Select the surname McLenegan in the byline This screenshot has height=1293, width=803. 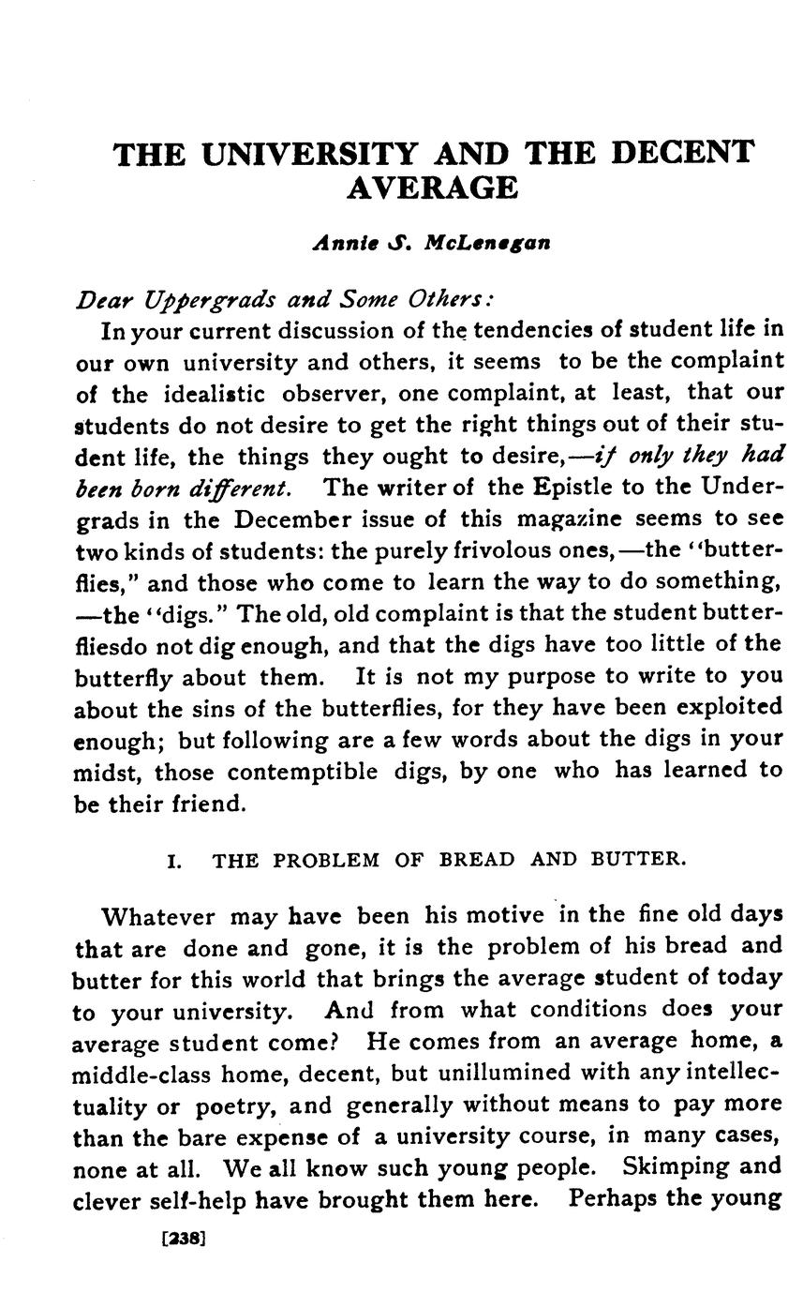(x=487, y=243)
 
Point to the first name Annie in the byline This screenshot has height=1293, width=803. (x=344, y=243)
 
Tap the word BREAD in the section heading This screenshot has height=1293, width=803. (x=477, y=860)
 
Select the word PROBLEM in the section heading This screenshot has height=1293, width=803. (x=325, y=860)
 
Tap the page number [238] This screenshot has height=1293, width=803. (x=184, y=1238)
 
